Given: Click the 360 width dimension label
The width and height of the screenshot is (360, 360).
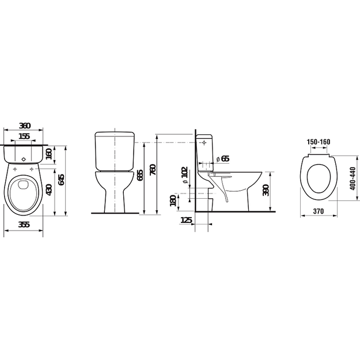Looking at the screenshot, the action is pos(25,126).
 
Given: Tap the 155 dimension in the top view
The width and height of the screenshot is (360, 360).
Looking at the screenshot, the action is pos(24,136).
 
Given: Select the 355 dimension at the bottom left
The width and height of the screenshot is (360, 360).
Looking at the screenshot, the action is pos(24,224).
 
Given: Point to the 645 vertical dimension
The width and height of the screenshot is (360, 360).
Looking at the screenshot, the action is pos(61,180).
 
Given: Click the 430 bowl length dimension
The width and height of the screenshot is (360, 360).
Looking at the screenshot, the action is pos(50,190).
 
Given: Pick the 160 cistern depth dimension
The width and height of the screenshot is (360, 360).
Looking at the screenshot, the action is pos(49,154).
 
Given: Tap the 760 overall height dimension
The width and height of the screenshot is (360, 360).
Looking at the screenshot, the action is pos(153,170).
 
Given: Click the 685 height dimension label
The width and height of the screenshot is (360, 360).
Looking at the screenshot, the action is pos(139,175).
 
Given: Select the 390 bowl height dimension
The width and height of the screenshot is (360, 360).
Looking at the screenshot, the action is pos(266,190).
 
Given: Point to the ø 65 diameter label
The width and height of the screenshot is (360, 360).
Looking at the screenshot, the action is pos(223,158).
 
